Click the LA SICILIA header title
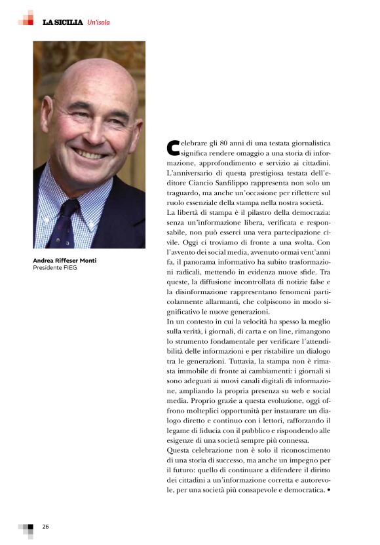pos(63,22)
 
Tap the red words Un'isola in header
pos(98,22)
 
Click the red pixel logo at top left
pos(26,18)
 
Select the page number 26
pos(46,527)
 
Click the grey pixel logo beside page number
pos(26,529)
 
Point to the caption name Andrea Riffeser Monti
pos(65,261)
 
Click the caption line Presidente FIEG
pos(55,268)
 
